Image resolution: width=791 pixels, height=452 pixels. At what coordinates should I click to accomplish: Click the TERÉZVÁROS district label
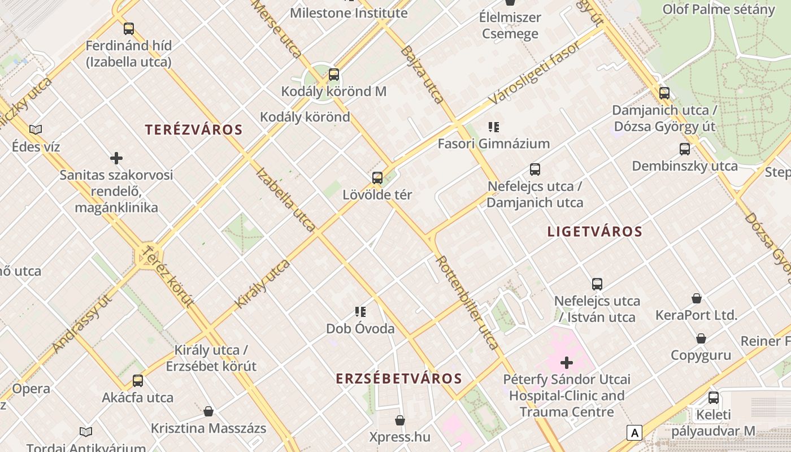pos(194,130)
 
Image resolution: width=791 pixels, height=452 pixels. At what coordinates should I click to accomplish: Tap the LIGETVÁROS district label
pos(595,232)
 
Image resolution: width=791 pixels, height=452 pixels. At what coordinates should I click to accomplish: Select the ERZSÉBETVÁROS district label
pos(399,379)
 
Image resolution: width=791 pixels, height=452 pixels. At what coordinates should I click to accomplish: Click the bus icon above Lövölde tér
pos(377,179)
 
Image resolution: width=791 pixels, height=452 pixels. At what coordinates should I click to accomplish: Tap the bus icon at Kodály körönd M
pos(334,75)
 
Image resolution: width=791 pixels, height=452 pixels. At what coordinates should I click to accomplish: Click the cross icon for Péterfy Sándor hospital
pos(567,363)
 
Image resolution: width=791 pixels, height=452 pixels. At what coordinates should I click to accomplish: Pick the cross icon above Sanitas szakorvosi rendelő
pos(116,158)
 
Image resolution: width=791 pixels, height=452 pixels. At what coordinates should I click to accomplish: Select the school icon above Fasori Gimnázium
pos(494,127)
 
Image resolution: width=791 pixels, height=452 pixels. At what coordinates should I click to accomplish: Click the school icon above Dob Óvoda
pos(360,312)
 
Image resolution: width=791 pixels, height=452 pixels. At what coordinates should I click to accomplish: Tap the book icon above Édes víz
pos(36,130)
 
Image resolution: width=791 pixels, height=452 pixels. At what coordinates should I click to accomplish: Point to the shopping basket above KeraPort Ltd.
pos(697,298)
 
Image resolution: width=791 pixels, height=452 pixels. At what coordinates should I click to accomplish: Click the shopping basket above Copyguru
pos(701,338)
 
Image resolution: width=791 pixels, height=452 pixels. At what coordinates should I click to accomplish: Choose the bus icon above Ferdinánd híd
pos(129,29)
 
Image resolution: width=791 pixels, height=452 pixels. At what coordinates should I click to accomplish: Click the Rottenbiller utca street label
pos(467,302)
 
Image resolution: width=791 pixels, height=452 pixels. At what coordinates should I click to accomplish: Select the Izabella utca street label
pos(286,199)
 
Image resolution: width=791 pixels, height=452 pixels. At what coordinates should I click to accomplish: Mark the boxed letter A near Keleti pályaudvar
pos(634,433)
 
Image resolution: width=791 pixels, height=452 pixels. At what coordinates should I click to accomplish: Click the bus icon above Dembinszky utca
pos(685,149)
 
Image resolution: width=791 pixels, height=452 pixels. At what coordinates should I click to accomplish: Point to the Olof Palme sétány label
pos(719,10)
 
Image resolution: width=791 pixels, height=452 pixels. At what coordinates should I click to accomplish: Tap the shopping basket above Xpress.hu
pos(400,420)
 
